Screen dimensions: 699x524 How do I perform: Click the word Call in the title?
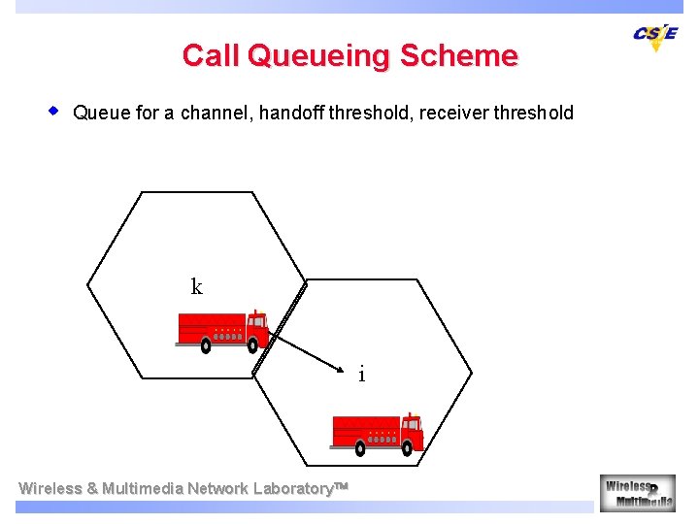tap(211, 55)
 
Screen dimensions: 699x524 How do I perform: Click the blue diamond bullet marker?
tap(55, 111)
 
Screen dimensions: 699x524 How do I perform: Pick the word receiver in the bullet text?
tap(453, 113)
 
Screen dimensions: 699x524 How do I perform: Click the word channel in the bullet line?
tap(216, 113)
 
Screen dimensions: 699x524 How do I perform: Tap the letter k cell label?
tap(197, 286)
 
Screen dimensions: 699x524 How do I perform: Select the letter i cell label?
tap(361, 374)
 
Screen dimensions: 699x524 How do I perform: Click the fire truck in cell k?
tap(221, 330)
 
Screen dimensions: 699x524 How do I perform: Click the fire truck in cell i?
tap(377, 433)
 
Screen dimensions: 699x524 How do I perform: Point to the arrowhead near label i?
tap(342, 369)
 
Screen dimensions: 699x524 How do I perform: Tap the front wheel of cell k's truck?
tap(252, 344)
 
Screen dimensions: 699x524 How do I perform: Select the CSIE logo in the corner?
tap(656, 36)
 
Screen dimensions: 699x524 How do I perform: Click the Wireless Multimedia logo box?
tap(637, 492)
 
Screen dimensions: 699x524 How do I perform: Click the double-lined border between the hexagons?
tap(280, 328)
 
